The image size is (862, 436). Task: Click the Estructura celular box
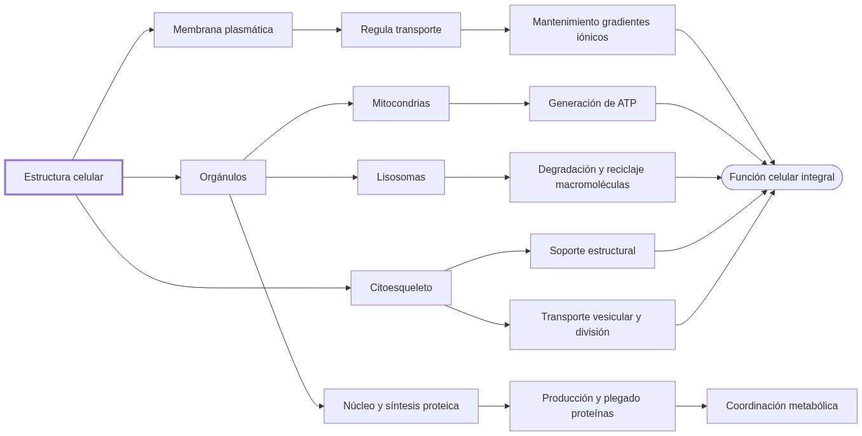click(64, 177)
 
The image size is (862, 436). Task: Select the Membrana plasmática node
click(223, 30)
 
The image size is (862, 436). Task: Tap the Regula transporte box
click(400, 30)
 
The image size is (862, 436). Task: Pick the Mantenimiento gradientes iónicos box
click(592, 30)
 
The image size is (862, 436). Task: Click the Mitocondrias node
click(400, 104)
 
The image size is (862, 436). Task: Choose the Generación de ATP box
click(592, 104)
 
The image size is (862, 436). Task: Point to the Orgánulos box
click(223, 177)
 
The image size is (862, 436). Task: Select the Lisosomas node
click(400, 177)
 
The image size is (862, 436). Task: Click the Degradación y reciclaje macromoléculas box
click(592, 177)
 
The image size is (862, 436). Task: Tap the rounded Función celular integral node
click(781, 177)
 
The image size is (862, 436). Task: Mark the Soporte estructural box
click(592, 251)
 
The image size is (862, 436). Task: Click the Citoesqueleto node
click(400, 288)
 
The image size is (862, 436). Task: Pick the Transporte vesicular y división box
click(592, 325)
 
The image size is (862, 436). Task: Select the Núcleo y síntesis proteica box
click(400, 406)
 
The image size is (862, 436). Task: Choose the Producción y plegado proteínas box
click(592, 406)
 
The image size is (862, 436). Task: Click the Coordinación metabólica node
click(781, 406)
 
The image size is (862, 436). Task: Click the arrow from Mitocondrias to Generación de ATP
click(489, 104)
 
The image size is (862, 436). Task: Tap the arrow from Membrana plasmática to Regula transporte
click(317, 30)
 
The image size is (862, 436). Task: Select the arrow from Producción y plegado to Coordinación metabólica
click(690, 406)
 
